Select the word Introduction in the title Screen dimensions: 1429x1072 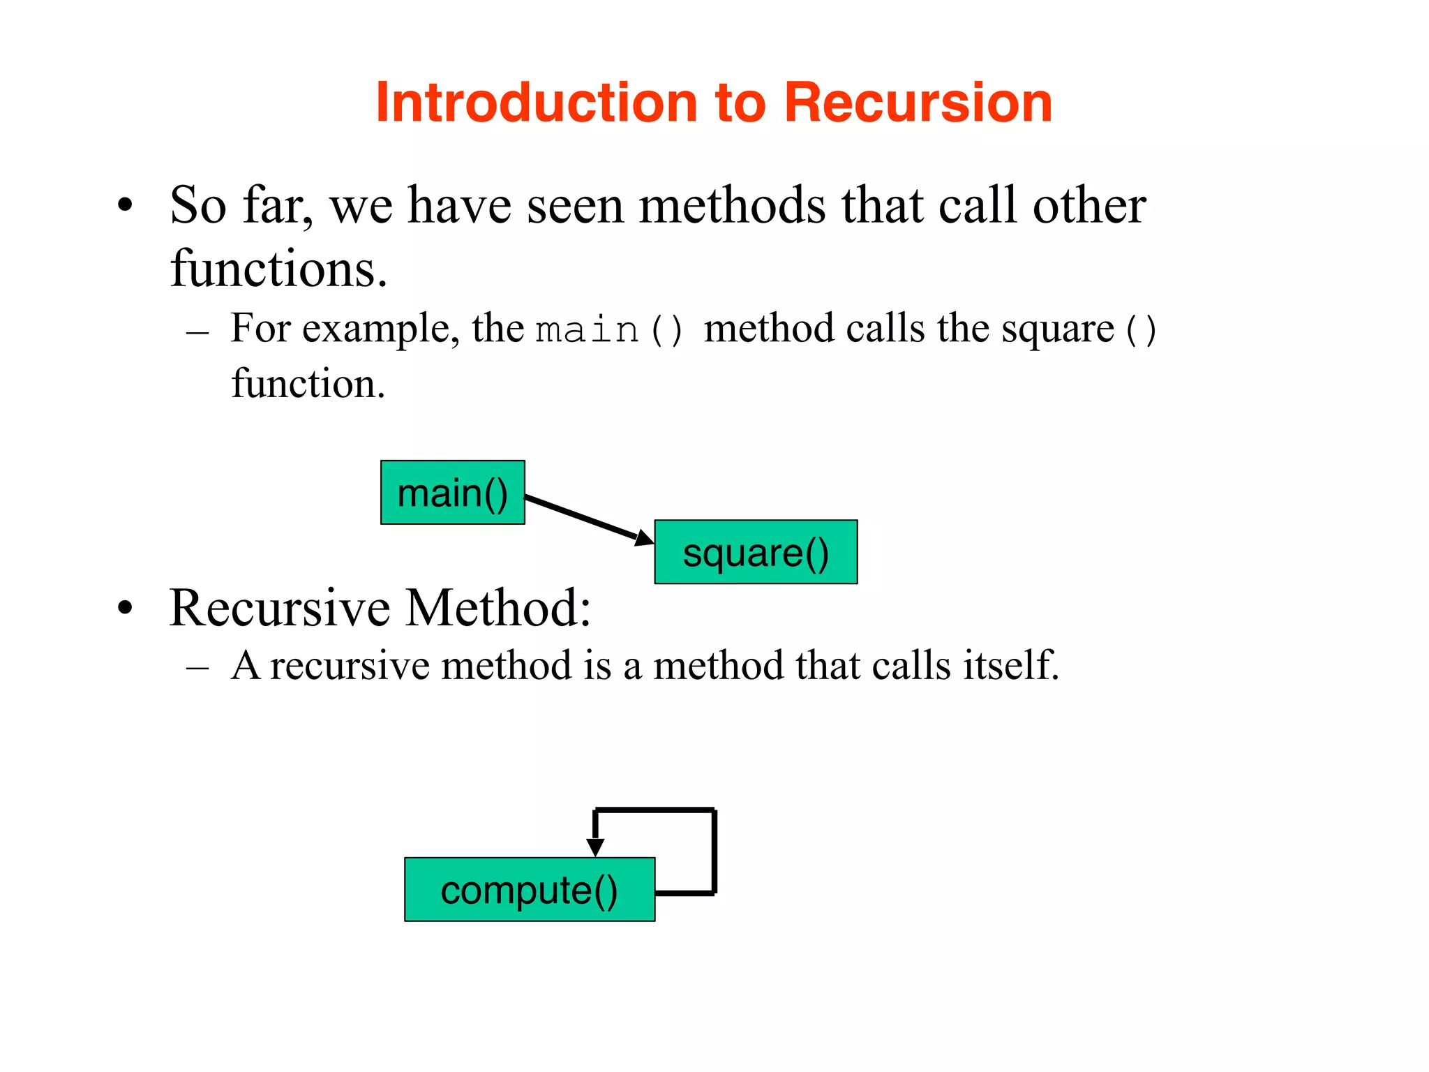536,103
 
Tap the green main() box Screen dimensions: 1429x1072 452,493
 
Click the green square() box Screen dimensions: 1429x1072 756,552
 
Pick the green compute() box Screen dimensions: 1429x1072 530,890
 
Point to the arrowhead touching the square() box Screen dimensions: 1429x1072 643,537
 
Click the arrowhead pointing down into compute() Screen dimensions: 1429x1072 595,847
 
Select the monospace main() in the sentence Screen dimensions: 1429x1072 608,329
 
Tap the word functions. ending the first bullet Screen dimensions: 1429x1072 278,269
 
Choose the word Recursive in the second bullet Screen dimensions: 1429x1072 280,608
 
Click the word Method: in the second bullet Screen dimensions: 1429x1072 498,608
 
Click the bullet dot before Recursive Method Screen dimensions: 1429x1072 125,608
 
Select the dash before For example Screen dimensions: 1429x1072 198,332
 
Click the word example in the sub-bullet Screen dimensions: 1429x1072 380,329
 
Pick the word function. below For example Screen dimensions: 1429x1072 308,384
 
